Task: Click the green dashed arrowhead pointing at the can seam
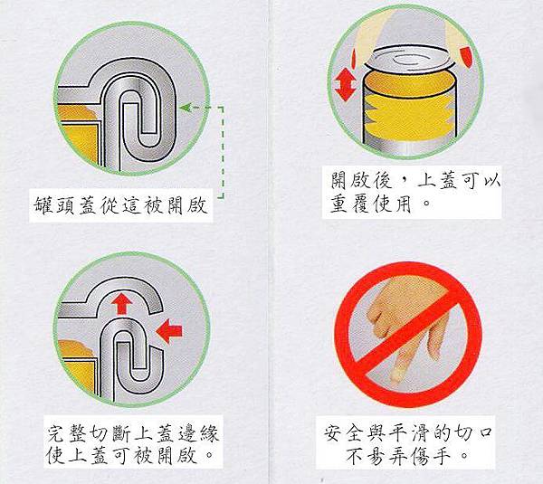pyautogui.click(x=186, y=108)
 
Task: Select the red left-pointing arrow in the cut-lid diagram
pyautogui.click(x=169, y=331)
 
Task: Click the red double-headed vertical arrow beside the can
pyautogui.click(x=346, y=84)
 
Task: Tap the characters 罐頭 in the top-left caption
pyautogui.click(x=54, y=205)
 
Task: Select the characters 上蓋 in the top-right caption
pyautogui.click(x=440, y=180)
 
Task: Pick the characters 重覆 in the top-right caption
pyautogui.click(x=350, y=204)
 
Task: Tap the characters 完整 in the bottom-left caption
pyautogui.click(x=67, y=433)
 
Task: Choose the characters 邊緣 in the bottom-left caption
pyautogui.click(x=198, y=433)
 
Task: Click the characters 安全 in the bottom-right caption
pyautogui.click(x=344, y=433)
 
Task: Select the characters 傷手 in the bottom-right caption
pyautogui.click(x=431, y=457)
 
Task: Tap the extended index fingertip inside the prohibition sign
pyautogui.click(x=395, y=376)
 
